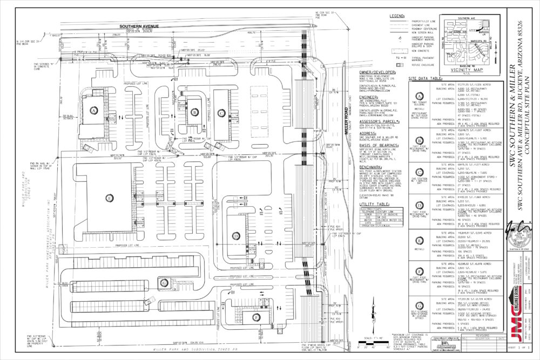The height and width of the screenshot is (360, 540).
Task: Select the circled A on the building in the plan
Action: point(93,110)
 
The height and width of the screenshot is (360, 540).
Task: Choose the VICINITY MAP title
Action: point(461,70)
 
